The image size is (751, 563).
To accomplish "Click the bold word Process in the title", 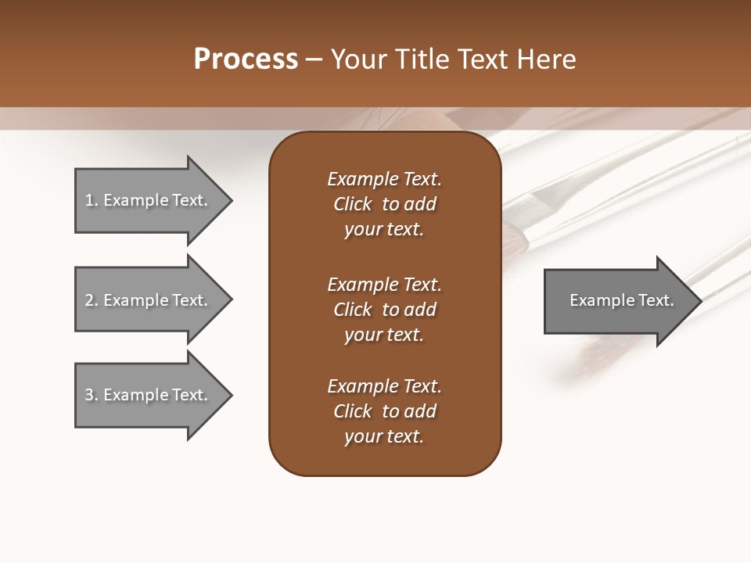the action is (x=246, y=59).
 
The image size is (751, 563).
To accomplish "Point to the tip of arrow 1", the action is (x=230, y=200).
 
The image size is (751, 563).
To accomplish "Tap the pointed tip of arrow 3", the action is (x=230, y=395).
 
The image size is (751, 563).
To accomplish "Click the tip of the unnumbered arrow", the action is (x=699, y=301).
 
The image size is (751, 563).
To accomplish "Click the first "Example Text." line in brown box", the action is (x=384, y=179).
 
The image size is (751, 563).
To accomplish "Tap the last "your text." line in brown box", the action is (x=384, y=436).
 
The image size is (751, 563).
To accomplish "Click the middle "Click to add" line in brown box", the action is (x=384, y=310).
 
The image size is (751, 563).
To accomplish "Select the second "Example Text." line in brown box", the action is (x=384, y=285).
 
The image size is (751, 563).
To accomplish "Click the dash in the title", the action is (x=314, y=59).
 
